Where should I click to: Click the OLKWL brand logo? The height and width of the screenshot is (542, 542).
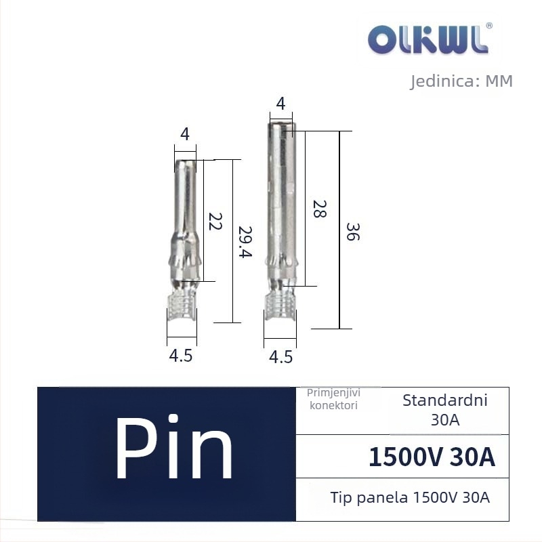pyautogui.click(x=428, y=39)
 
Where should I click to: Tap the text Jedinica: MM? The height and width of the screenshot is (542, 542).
pyautogui.click(x=461, y=81)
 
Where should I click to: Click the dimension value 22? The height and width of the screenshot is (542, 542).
pyautogui.click(x=215, y=222)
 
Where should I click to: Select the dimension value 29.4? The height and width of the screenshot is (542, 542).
pyautogui.click(x=245, y=242)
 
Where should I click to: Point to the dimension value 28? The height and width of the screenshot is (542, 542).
pyautogui.click(x=319, y=209)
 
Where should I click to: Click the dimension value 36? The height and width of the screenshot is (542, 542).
pyautogui.click(x=353, y=232)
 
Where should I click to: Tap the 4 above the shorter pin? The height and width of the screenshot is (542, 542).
pyautogui.click(x=185, y=133)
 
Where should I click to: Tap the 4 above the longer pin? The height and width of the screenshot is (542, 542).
pyautogui.click(x=280, y=104)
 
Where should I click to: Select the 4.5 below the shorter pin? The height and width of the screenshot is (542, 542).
pyautogui.click(x=180, y=355)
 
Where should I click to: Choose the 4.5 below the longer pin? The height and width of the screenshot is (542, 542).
pyautogui.click(x=280, y=357)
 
